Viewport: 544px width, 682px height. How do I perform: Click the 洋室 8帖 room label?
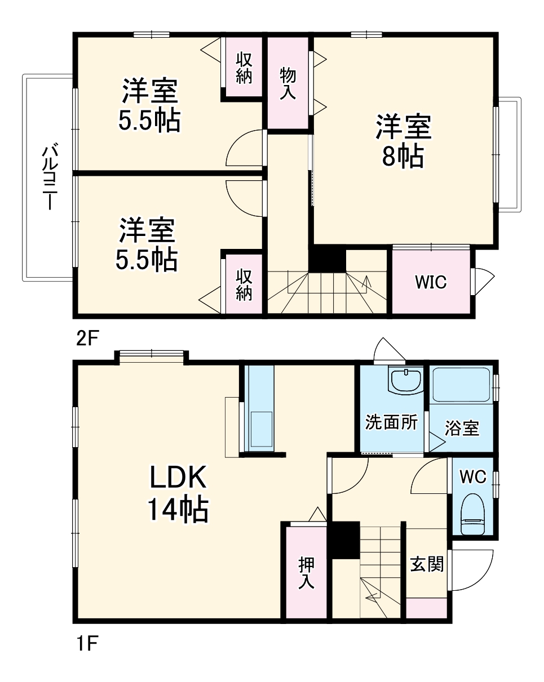404,141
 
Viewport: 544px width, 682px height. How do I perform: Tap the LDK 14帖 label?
178,494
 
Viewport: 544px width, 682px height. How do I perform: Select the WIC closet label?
431,282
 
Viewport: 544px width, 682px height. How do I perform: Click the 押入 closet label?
306,573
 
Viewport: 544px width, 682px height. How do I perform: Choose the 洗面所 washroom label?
391,422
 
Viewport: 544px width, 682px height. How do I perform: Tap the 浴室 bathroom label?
462,429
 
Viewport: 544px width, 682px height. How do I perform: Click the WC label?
472,477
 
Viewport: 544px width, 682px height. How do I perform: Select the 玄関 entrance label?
426,564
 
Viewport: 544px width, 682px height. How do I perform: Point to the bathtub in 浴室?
461,386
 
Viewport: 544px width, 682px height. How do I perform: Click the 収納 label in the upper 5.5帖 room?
244,68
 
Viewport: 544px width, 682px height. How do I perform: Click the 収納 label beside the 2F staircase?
244,284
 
